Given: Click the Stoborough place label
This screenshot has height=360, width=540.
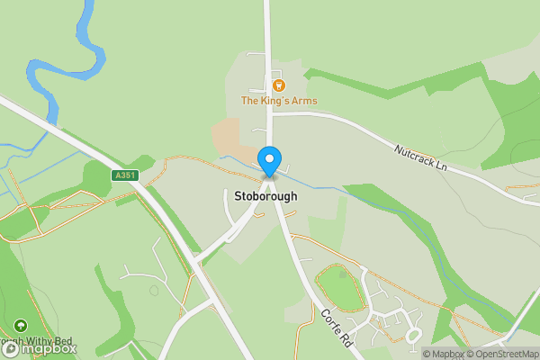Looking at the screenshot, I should (x=266, y=195).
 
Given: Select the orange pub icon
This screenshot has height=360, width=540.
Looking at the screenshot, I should (x=278, y=85).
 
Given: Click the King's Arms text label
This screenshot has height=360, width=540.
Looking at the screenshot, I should (x=278, y=101).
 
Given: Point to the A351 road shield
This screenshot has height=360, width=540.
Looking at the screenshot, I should (x=126, y=175).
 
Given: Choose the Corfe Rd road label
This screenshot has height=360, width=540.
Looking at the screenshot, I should (x=335, y=328).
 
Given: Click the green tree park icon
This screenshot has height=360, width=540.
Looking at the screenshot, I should (x=21, y=326).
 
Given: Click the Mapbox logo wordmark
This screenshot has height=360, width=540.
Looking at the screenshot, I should (x=45, y=347).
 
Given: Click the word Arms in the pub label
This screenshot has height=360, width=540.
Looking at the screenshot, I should (x=303, y=101).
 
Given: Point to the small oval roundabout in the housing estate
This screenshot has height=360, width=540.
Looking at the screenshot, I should (x=414, y=335).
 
